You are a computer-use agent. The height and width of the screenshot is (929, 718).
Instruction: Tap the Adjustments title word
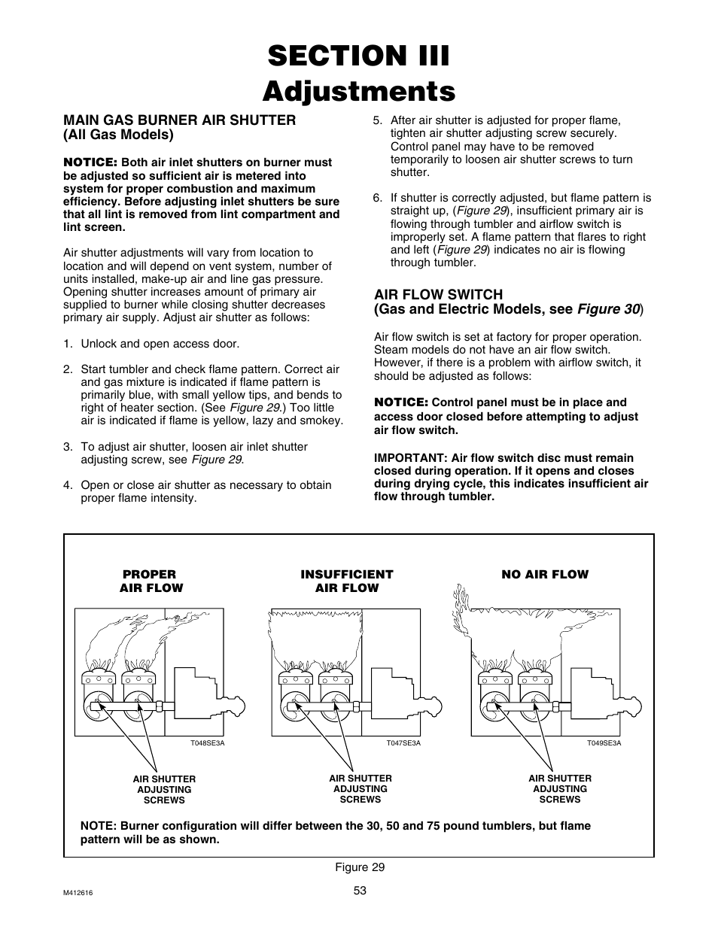click(x=358, y=91)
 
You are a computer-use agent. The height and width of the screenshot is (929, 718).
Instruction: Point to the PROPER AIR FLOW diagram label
click(x=151, y=581)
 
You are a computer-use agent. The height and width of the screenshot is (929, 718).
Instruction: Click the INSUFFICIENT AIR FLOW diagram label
click(x=346, y=581)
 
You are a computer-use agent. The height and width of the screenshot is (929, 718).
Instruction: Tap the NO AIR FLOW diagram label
click(x=545, y=574)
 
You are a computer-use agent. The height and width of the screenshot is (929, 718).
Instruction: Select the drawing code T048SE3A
click(x=207, y=743)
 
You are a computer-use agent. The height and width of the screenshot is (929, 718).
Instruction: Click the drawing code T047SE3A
click(x=403, y=743)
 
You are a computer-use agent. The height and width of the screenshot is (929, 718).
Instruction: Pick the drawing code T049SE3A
click(x=604, y=743)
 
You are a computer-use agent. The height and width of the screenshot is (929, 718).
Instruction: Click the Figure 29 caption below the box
click(x=359, y=867)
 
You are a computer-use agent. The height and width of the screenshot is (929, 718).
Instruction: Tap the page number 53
click(x=359, y=891)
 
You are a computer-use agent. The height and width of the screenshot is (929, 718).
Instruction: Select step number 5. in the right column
click(x=378, y=120)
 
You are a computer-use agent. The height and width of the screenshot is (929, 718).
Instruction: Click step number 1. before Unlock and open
click(x=68, y=344)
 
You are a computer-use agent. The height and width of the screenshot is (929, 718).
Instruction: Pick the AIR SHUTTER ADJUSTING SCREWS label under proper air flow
click(x=164, y=789)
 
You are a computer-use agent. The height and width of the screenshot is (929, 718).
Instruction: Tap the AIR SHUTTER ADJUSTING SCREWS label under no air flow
click(x=559, y=788)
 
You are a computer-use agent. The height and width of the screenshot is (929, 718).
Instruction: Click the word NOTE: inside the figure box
click(x=98, y=825)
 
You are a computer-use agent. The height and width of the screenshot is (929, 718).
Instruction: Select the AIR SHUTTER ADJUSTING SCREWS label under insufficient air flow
click(x=360, y=788)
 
